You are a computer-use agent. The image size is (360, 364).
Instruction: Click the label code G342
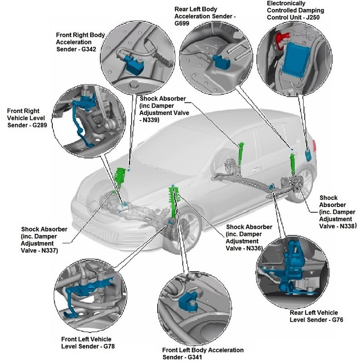point(90,50)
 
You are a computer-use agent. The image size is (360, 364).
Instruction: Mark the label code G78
point(104,347)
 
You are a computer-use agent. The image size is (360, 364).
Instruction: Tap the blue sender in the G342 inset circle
point(135,66)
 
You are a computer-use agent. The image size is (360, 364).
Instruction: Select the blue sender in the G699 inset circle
point(221,59)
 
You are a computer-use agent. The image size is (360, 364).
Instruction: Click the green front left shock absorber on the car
point(174,203)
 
